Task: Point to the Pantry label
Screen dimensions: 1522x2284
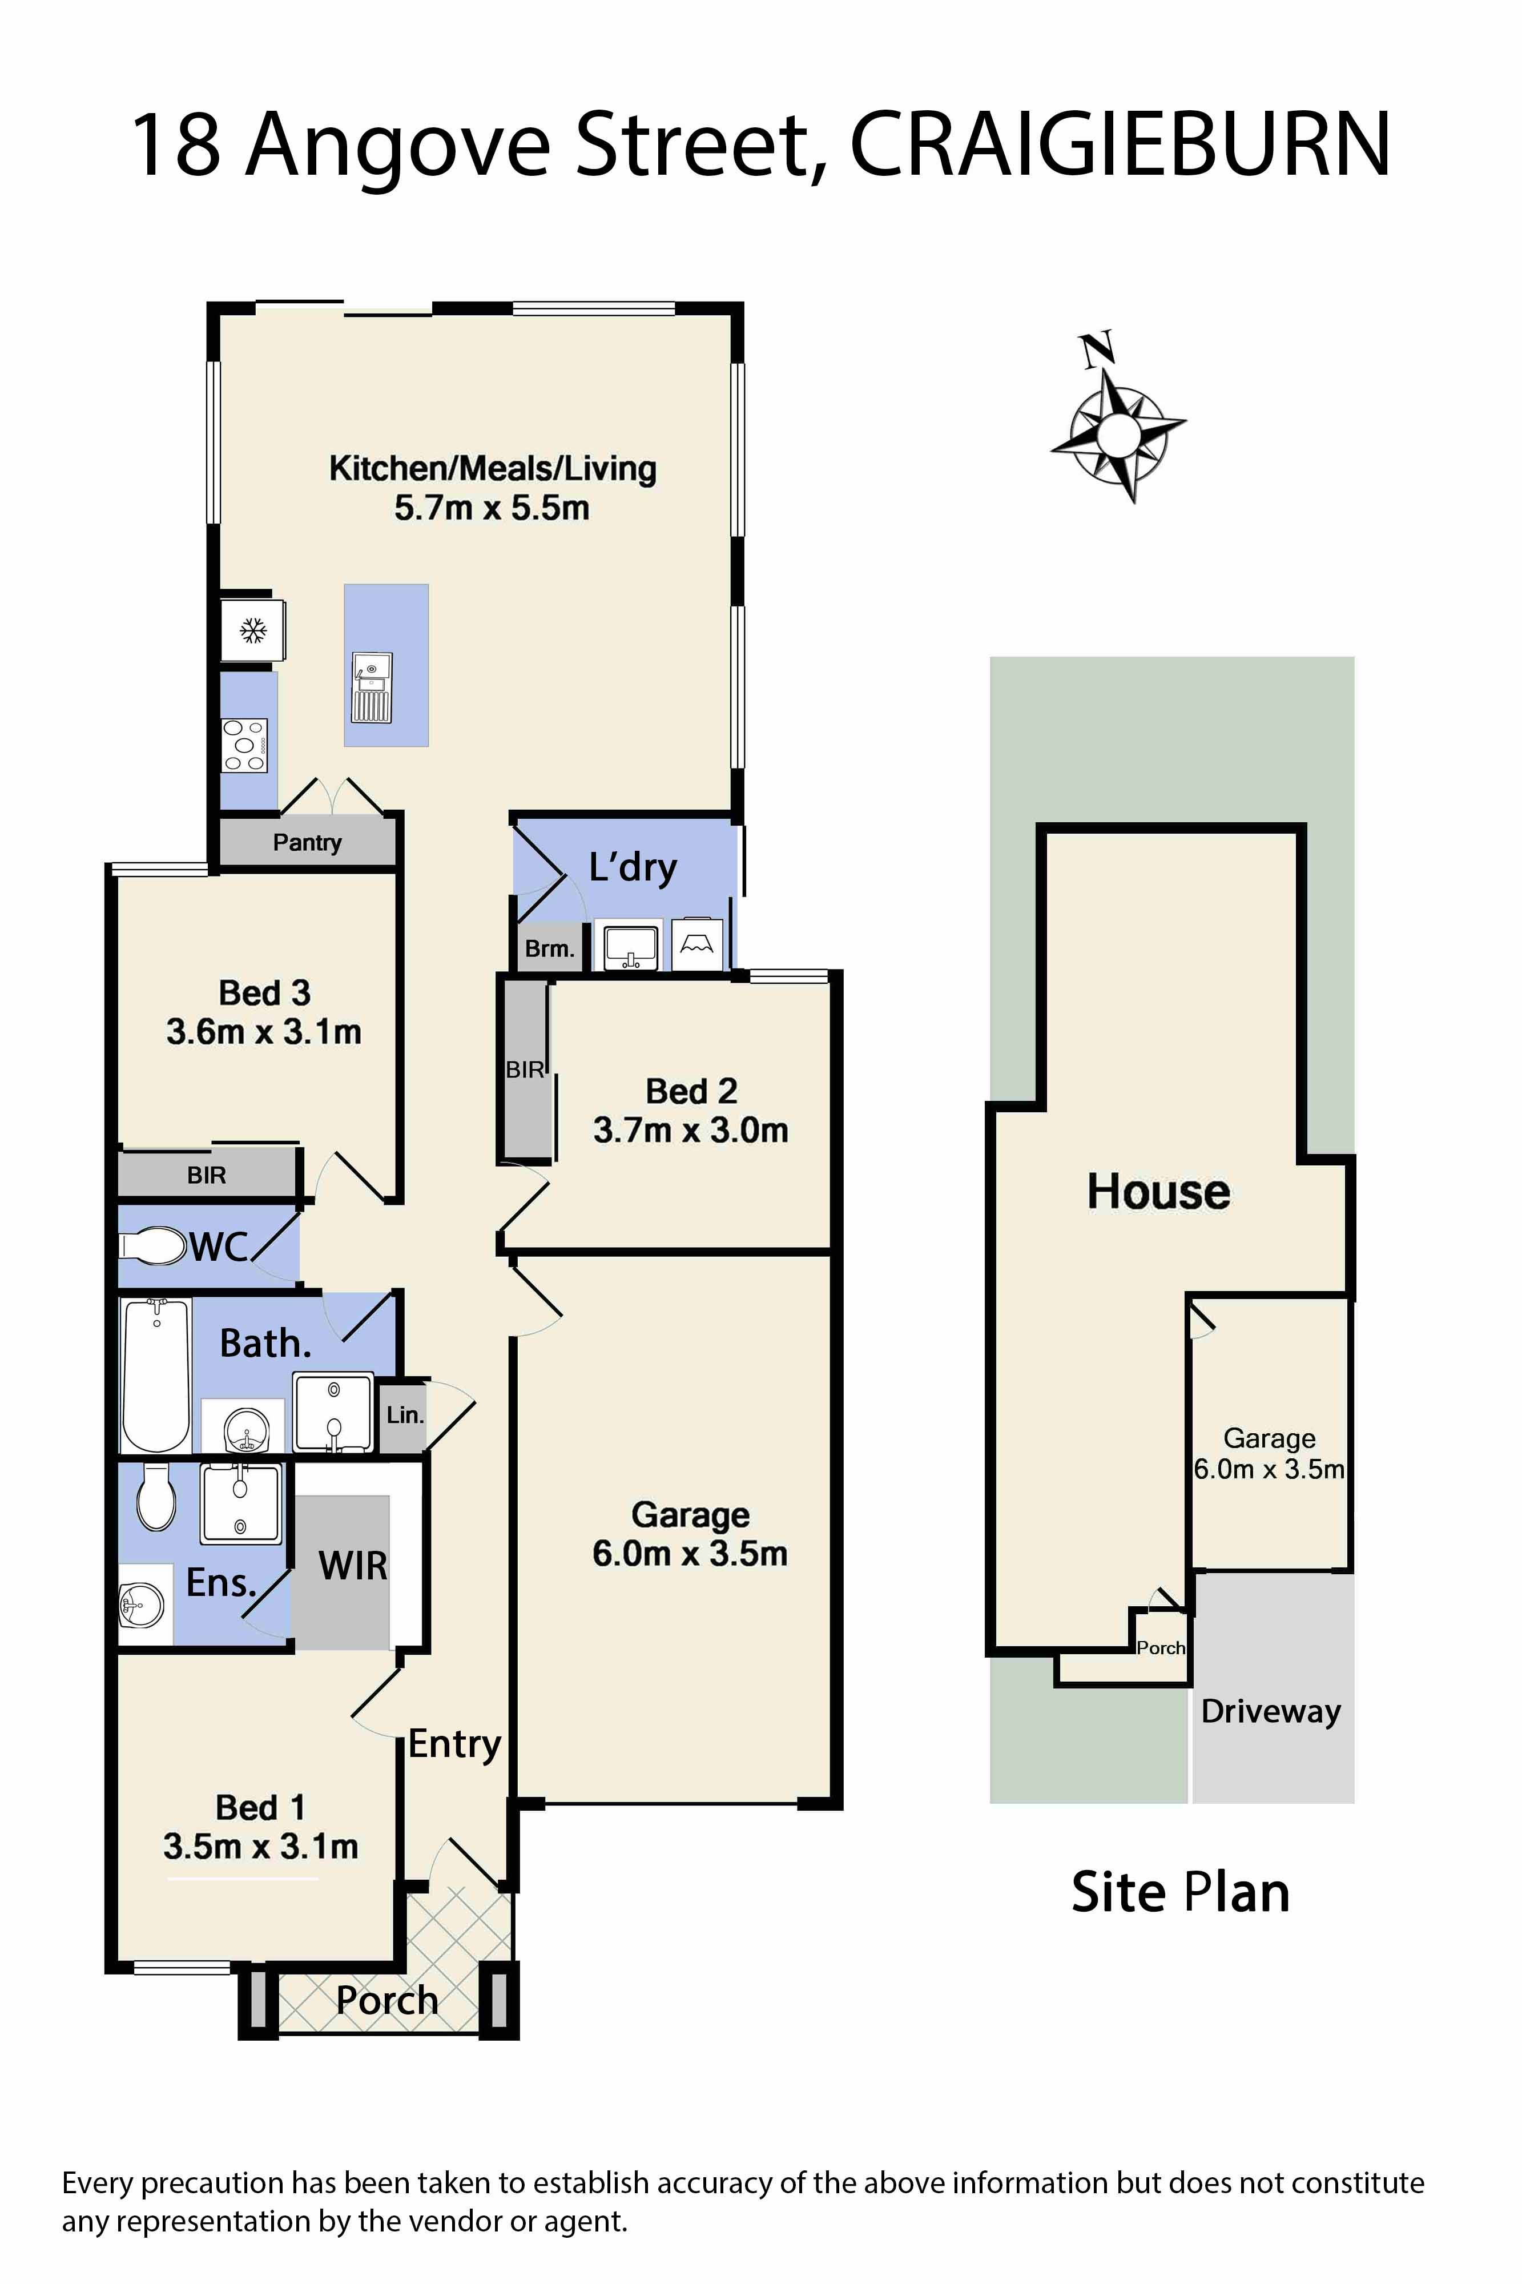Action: (307, 843)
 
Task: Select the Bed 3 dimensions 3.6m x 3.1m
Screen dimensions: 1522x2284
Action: (264, 1031)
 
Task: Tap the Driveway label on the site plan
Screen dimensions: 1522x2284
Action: (1271, 1710)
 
